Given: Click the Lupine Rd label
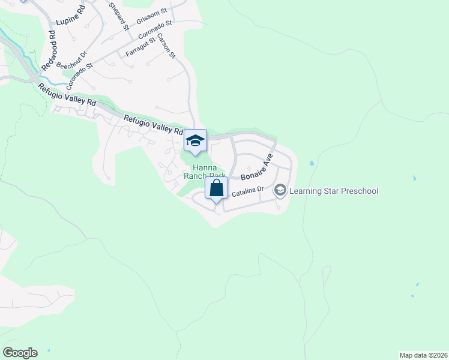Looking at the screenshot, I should [71, 17].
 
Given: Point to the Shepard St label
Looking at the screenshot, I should [118, 14].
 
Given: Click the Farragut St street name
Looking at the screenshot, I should [140, 48].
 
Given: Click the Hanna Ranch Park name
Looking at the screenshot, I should [208, 172].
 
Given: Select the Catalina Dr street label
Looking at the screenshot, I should [248, 191].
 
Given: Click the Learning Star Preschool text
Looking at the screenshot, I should [334, 191].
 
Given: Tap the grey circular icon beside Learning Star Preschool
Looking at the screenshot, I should [280, 191].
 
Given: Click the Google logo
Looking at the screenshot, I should [20, 353].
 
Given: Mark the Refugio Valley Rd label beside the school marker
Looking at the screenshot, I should [153, 124].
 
